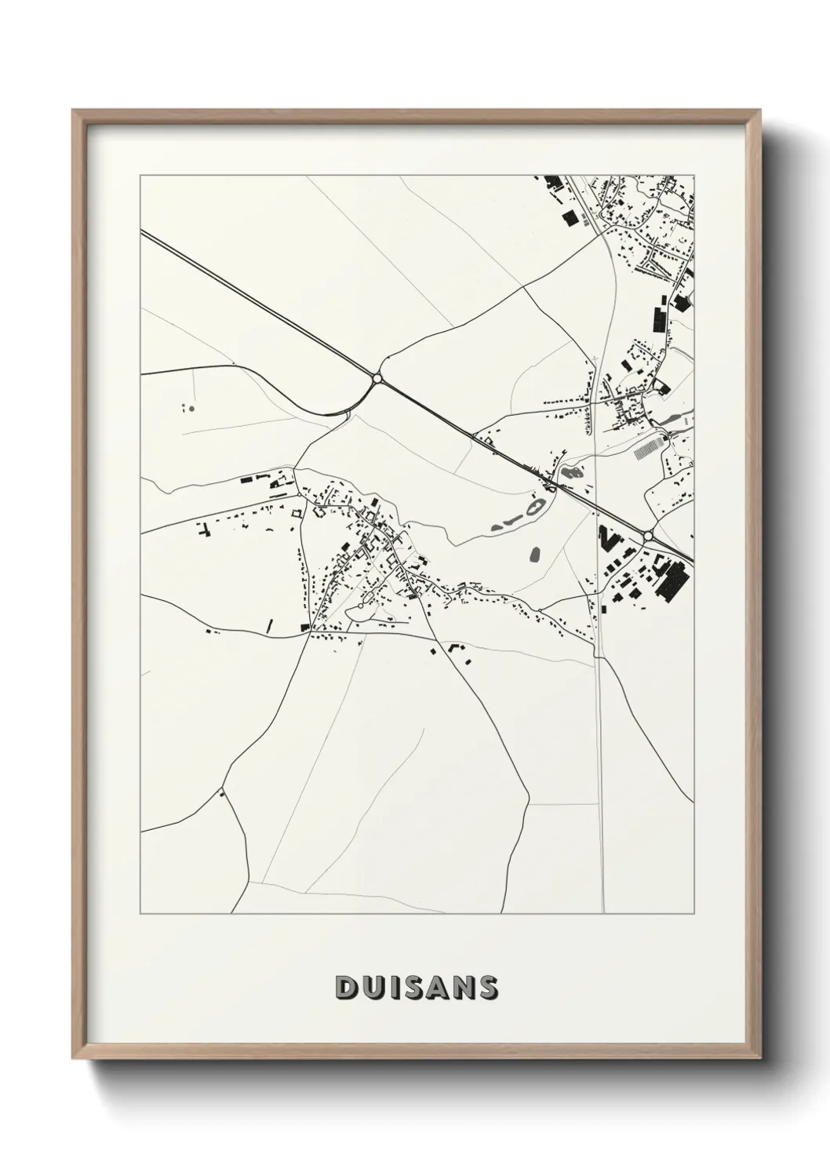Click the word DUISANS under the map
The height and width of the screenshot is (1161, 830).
coord(416,987)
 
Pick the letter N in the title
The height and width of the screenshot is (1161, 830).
coord(463,987)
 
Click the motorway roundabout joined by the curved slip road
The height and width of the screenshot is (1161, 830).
coord(377,379)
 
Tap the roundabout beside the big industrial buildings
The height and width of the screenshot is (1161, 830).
coord(648,536)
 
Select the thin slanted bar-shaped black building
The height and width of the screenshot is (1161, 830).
coord(271,625)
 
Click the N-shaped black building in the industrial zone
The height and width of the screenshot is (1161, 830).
coord(607,540)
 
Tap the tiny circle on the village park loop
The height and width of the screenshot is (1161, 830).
coord(361,606)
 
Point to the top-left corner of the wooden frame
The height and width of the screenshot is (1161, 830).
coord(74,112)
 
